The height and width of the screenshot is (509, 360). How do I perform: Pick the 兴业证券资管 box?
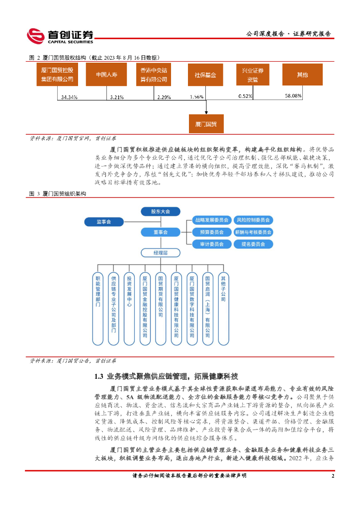pyautogui.click(x=253, y=75)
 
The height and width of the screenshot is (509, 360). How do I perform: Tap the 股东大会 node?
pyautogui.click(x=161, y=211)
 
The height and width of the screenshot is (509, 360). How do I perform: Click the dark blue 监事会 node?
pyautogui.click(x=104, y=221)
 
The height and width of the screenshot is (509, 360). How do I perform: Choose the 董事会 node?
pyautogui.click(x=161, y=232)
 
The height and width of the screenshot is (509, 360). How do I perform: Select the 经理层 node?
pyautogui.click(x=161, y=253)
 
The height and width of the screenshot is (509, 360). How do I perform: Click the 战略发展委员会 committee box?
pyautogui.click(x=211, y=220)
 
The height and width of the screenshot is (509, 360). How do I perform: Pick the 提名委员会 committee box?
pyautogui.click(x=253, y=244)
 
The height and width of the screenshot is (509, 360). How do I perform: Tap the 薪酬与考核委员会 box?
pyautogui.click(x=253, y=232)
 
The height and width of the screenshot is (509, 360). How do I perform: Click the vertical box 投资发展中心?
pyautogui.click(x=129, y=308)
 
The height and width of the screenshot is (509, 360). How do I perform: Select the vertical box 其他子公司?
pyautogui.click(x=223, y=308)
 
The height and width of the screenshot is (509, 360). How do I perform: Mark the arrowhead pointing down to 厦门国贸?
pyautogui.click(x=206, y=111)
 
